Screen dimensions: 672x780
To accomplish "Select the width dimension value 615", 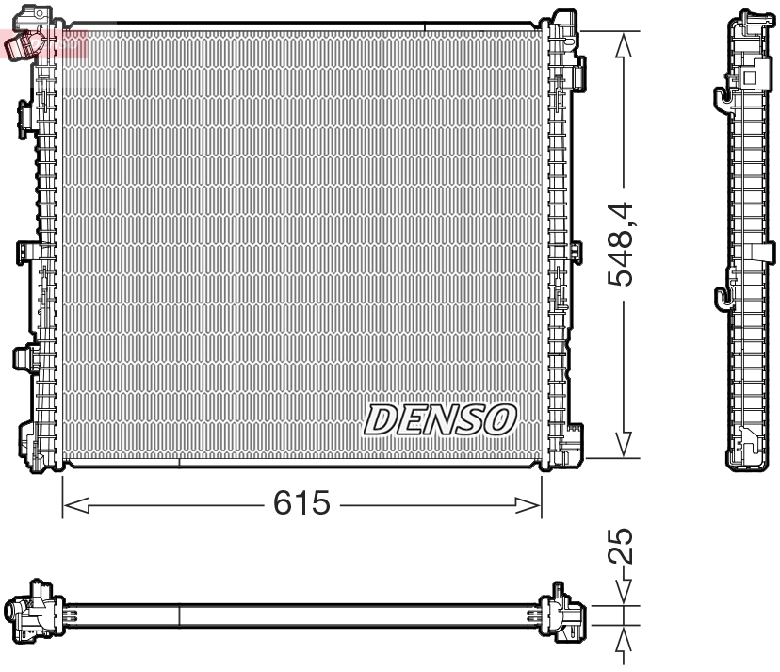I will [x=302, y=504].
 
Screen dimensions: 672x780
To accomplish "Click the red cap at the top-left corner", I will [x=25, y=41].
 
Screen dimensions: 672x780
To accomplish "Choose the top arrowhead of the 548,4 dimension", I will [x=622, y=43].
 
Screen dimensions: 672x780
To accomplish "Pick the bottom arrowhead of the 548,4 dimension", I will [x=622, y=444].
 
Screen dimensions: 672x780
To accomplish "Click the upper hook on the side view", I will [x=721, y=96].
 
